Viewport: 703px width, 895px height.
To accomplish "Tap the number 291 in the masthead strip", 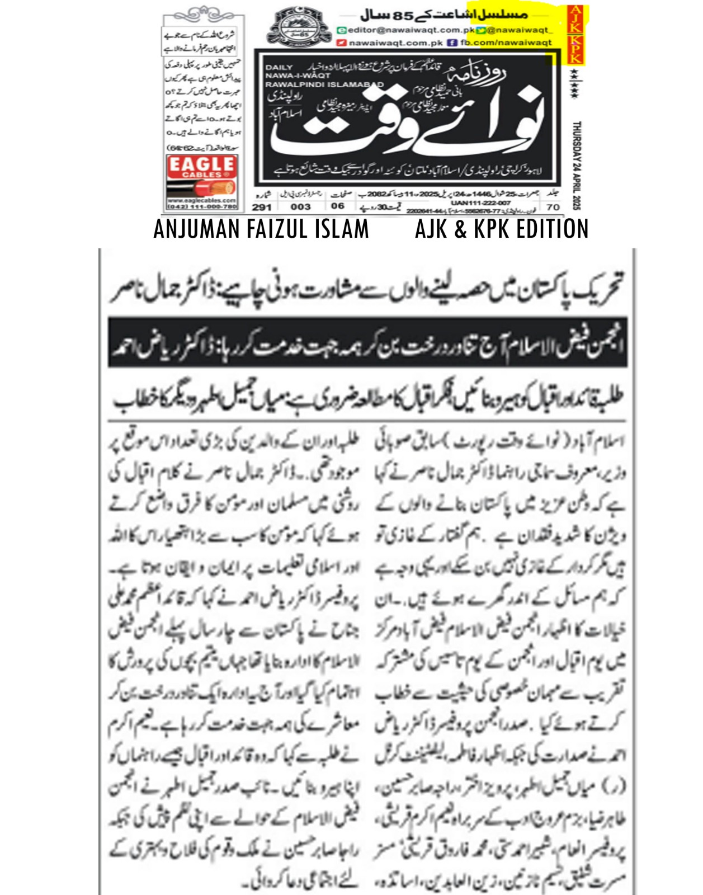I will (x=262, y=206).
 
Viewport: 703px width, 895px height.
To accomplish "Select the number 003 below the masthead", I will (x=300, y=206).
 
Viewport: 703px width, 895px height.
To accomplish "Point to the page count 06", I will (x=338, y=206).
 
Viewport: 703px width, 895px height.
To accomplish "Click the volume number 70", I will (x=553, y=206).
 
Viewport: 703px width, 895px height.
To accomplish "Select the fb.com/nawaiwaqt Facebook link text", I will (x=506, y=43).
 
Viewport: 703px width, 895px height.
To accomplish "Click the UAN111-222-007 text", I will (x=480, y=202).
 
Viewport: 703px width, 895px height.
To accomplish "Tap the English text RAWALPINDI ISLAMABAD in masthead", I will (x=324, y=84).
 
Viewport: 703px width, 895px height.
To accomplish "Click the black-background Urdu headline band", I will (x=367, y=343).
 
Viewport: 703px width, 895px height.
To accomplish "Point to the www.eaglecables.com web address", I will (x=202, y=200).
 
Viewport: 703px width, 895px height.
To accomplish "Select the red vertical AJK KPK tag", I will (x=575, y=34).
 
